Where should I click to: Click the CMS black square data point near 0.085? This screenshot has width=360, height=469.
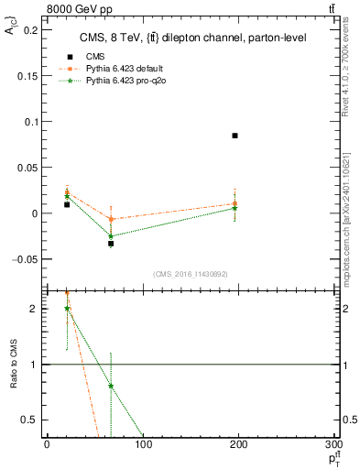(235, 136)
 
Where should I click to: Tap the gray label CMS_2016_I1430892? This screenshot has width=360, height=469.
(190, 274)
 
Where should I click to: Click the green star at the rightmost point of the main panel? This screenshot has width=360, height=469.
(235, 208)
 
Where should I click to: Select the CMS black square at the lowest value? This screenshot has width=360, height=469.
(111, 244)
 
